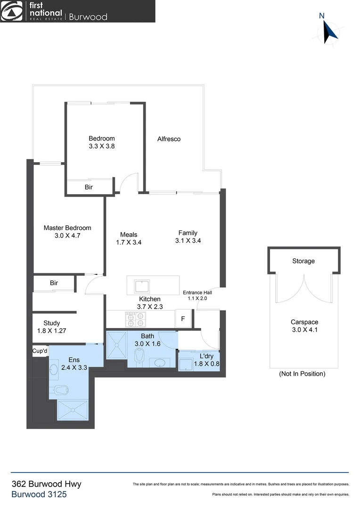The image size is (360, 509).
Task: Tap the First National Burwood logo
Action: click(54, 11)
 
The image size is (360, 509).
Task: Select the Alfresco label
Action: click(169, 139)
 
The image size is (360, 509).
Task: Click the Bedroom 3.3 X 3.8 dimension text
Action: click(102, 146)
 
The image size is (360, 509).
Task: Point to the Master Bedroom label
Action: click(67, 228)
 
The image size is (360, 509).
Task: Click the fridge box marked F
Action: click(183, 318)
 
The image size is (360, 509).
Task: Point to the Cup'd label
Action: click(40, 351)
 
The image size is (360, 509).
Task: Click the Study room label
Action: click(51, 323)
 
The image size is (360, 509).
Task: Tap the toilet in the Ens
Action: click(61, 390)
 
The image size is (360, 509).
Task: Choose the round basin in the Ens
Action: click(53, 368)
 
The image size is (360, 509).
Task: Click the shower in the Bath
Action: click(116, 347)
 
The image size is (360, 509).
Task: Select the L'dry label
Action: click(206, 356)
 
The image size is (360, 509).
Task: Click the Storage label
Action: click(303, 261)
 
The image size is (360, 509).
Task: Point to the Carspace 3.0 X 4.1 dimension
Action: click(304, 330)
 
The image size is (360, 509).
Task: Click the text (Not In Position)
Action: click(302, 374)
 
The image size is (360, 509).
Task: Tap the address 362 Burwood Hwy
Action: click(46, 484)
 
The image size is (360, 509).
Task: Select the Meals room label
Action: click(129, 234)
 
